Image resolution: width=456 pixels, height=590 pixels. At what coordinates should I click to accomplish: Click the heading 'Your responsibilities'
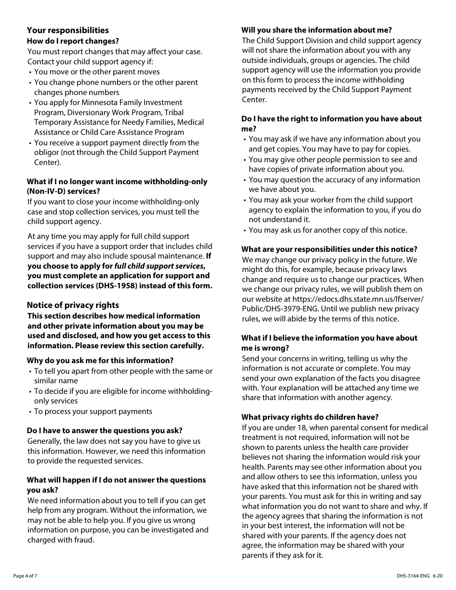68,30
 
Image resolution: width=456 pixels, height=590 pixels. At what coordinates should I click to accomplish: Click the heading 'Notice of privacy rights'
72,305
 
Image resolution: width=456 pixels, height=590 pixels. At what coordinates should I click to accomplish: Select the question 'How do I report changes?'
72,41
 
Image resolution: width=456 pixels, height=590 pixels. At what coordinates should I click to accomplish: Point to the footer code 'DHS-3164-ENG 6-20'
419,576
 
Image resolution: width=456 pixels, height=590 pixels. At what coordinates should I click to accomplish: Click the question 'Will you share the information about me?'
316,30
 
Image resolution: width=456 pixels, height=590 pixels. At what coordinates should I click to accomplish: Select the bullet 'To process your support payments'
93,411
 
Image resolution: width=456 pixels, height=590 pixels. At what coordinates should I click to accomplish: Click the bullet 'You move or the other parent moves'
96,72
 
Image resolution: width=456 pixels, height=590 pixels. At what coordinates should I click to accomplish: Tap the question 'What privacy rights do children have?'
310,417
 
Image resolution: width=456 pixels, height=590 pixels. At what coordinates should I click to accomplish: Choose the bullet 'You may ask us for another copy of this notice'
327,230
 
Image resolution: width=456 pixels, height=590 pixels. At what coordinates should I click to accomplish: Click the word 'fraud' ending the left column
84,540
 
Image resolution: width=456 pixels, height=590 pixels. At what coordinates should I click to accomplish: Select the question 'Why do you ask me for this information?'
100,360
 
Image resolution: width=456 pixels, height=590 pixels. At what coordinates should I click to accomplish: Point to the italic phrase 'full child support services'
158,266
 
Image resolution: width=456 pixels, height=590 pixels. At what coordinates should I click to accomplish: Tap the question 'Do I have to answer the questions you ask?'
104,430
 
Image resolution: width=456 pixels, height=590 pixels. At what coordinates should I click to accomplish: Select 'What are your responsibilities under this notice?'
329,249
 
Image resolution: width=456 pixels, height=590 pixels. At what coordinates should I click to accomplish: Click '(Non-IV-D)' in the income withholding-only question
46,191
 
